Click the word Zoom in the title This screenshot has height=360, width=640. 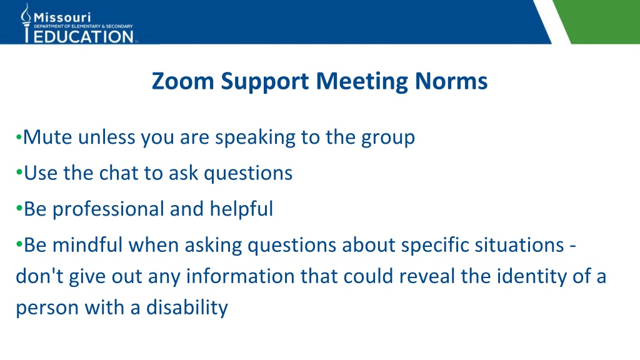click(183, 81)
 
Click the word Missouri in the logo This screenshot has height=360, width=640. click(62, 17)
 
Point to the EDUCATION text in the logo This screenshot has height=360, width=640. click(84, 37)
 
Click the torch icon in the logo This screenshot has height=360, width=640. click(26, 22)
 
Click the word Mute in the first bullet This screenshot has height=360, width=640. click(47, 137)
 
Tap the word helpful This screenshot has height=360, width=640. click(241, 209)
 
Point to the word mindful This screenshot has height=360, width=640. click(87, 245)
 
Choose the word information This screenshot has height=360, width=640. click(240, 276)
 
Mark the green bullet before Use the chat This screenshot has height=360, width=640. click(19, 172)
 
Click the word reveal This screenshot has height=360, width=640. click(426, 276)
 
